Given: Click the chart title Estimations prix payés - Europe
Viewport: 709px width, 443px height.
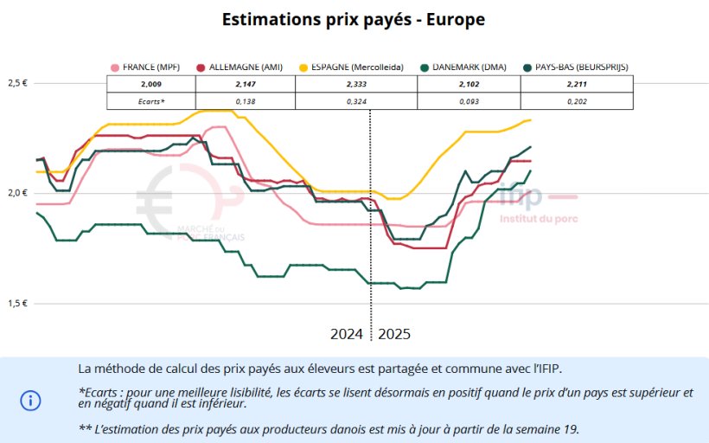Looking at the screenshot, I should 354,18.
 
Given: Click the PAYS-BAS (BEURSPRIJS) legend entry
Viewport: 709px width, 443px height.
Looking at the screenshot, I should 575,67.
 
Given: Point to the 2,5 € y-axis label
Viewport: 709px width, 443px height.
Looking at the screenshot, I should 17,83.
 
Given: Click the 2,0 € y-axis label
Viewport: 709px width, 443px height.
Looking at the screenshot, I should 17,192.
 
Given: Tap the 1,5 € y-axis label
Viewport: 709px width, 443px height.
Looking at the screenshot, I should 17,303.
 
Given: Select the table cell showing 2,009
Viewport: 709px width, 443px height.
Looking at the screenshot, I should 151,84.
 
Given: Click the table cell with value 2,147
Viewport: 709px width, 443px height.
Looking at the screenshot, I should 246,84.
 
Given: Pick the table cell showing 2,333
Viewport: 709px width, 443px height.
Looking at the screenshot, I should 357,84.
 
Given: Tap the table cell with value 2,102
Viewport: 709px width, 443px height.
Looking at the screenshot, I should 469,84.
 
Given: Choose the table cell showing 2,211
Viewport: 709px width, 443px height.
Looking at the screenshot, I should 577,84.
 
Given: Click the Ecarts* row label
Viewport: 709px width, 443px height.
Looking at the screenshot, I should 151,101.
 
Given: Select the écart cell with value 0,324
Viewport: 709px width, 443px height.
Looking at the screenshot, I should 357,101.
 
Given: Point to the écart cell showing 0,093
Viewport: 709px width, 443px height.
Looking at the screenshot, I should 469,101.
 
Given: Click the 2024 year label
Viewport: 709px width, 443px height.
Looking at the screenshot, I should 347,334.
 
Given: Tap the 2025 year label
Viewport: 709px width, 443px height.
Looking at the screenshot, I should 394,334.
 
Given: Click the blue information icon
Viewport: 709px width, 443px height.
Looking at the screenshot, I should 30,400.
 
